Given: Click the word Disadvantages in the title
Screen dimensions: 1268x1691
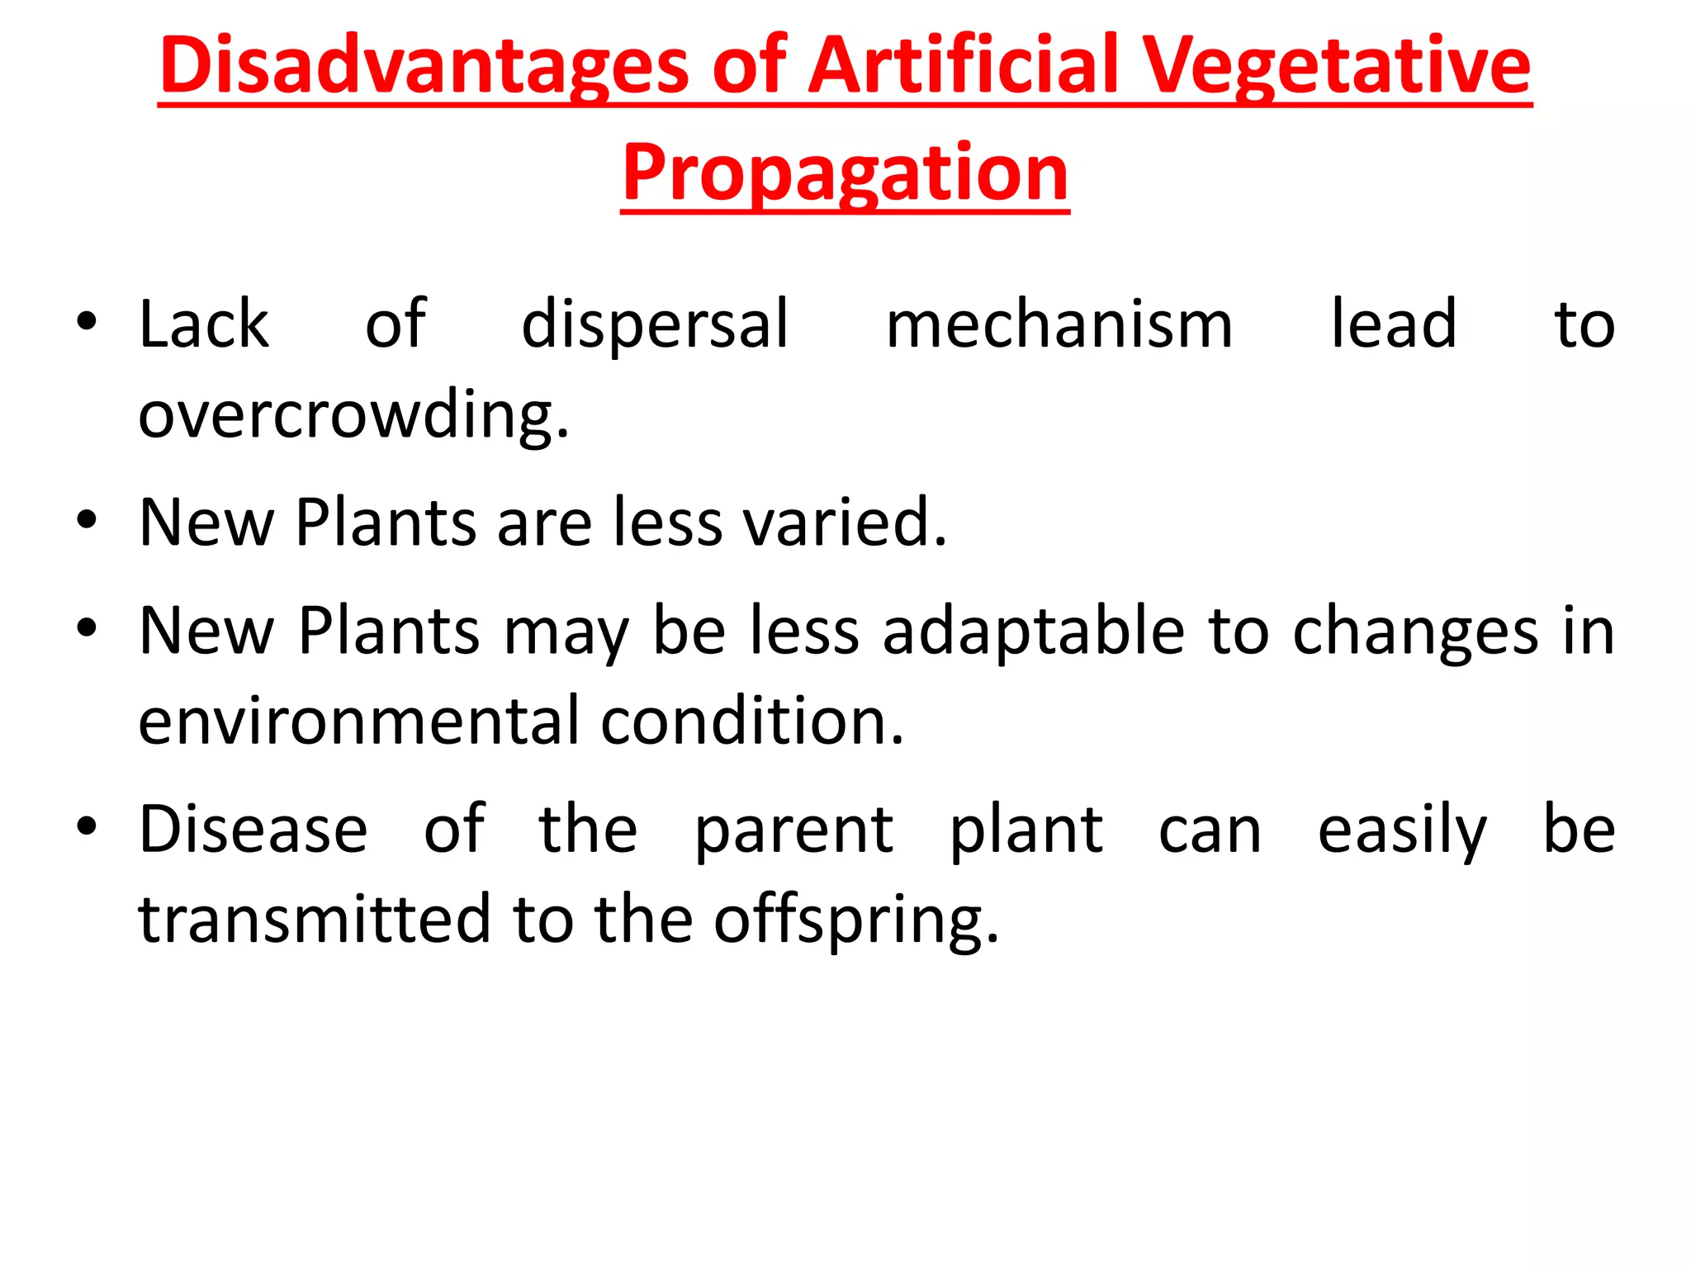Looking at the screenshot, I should point(424,65).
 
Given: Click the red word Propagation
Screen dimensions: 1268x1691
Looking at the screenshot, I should point(845,173).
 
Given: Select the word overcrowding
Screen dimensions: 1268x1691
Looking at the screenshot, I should point(353,415).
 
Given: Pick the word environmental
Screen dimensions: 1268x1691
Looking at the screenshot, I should point(358,722).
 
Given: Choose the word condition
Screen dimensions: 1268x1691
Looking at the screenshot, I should point(752,722).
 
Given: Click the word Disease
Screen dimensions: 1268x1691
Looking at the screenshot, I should point(253,830).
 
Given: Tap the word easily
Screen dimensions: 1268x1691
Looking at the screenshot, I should point(1401,830).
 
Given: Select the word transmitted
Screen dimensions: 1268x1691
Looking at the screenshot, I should point(315,920).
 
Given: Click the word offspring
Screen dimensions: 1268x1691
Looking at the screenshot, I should point(856,920).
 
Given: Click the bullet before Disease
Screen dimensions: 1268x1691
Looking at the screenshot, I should point(87,826).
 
